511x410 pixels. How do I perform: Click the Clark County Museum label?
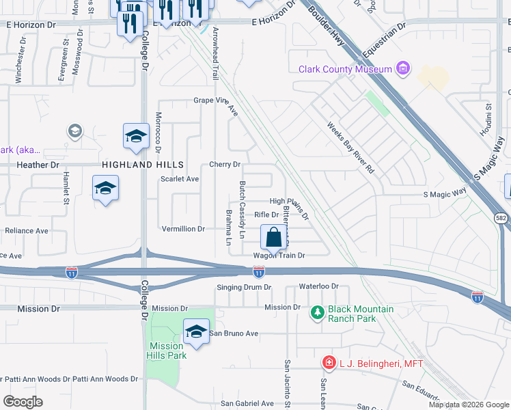point(345,69)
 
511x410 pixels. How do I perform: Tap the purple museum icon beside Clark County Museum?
point(403,68)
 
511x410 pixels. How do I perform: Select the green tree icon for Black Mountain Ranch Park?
point(317,313)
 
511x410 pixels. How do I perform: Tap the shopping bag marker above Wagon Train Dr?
point(273,238)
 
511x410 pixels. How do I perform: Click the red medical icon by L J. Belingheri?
point(329,363)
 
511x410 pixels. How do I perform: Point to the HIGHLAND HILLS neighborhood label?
point(143,165)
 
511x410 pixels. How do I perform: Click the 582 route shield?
point(501,217)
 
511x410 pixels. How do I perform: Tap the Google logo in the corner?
point(23,402)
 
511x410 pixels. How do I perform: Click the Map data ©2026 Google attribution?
point(469,405)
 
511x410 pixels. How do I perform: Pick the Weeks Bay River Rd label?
point(352,147)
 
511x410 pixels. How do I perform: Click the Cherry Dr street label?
point(225,165)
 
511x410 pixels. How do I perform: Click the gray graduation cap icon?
point(74,131)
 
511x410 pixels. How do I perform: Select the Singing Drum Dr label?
point(244,288)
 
